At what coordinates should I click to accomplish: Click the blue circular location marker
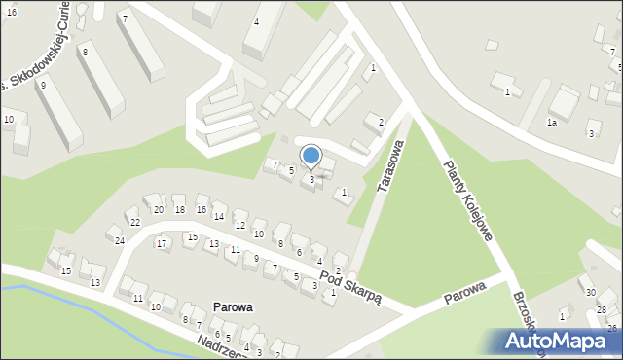[x=311, y=155]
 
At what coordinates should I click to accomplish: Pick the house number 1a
[x=551, y=123]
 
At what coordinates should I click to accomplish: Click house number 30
[x=590, y=292]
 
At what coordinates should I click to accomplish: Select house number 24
[x=120, y=240]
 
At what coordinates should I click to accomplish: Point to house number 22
[x=135, y=223]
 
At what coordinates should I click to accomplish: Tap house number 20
[x=158, y=210]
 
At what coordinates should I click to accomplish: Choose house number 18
[x=179, y=210]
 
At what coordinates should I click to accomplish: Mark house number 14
[x=219, y=216]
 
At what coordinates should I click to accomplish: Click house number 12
[x=239, y=226]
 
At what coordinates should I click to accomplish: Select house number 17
[x=162, y=243]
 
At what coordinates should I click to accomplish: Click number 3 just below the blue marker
[x=311, y=179]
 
